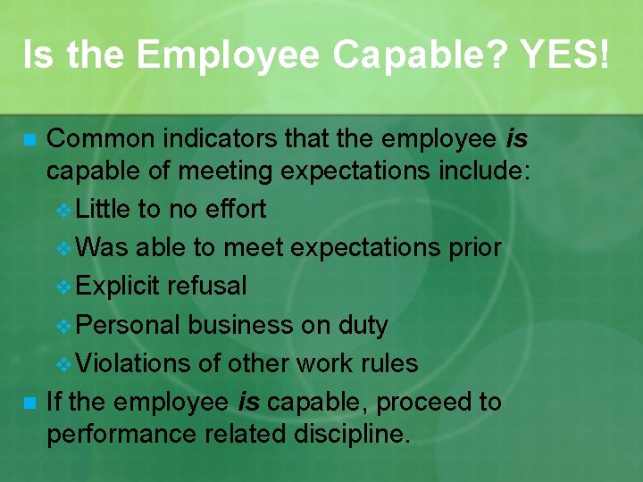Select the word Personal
(129, 325)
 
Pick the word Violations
(134, 363)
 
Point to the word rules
(387, 363)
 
